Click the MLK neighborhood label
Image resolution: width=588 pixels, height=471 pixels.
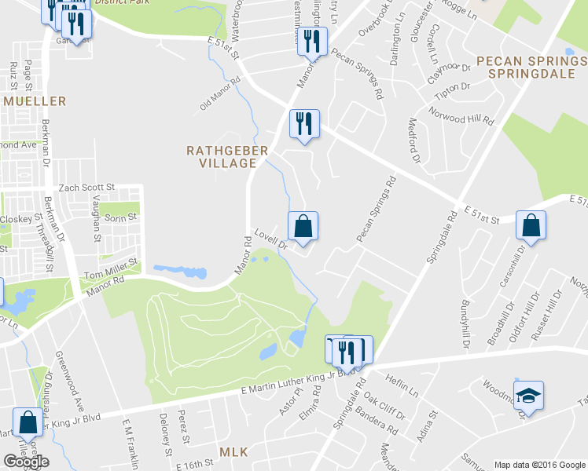233,452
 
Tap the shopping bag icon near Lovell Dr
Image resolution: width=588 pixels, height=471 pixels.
303,227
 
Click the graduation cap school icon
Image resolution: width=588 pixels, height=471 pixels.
528,395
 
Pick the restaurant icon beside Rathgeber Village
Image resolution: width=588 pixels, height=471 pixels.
303,124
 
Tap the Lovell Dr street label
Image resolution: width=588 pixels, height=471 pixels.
273,239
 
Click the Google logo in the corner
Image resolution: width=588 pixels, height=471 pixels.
25,462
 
